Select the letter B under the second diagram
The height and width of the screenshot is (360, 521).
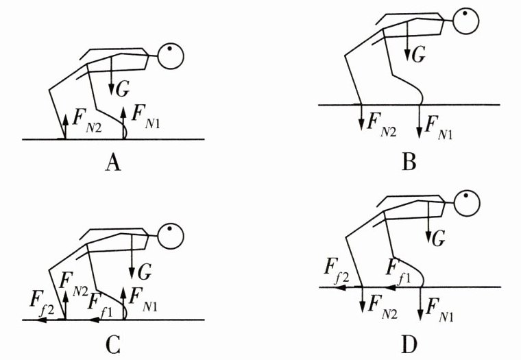410,162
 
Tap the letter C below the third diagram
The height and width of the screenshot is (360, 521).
114,342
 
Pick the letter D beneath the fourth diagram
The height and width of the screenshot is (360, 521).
410,342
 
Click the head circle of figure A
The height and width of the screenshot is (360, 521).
171,56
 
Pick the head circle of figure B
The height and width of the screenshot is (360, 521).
466,20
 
